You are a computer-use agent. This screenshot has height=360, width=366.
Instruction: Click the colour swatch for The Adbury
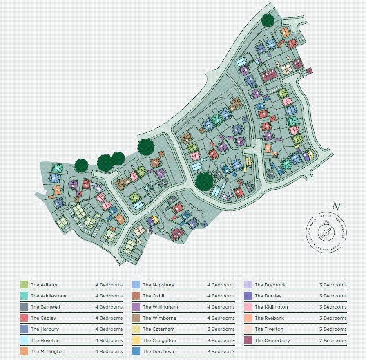click(x=24, y=285)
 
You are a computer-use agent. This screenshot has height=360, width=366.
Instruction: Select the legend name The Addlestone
click(x=48, y=296)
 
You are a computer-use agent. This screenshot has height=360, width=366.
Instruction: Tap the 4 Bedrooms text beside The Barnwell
click(x=109, y=307)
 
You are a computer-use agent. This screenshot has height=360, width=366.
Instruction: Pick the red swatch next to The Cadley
click(x=24, y=318)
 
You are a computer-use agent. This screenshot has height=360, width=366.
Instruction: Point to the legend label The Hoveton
click(x=45, y=340)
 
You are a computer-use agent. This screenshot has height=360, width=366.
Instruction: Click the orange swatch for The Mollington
click(x=24, y=351)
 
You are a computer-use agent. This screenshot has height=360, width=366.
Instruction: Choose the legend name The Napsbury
click(x=158, y=285)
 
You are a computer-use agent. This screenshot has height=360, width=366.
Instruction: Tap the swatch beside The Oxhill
click(x=136, y=296)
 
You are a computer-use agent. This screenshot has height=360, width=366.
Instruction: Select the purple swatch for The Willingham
click(x=136, y=307)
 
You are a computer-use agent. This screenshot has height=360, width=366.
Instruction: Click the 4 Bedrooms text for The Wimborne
click(x=221, y=318)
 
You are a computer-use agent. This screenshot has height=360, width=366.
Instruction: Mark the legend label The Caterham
click(x=158, y=329)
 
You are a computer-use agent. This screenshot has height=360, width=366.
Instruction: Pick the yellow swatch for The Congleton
click(x=136, y=340)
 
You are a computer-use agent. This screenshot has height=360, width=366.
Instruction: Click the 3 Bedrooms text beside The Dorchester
click(x=221, y=351)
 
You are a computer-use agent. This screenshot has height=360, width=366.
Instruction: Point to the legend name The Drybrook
click(x=270, y=285)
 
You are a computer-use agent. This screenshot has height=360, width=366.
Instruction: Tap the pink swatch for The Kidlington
click(x=248, y=307)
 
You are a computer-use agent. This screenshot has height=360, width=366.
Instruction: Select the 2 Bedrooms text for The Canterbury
click(x=333, y=340)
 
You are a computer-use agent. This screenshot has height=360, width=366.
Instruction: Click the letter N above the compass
click(x=336, y=206)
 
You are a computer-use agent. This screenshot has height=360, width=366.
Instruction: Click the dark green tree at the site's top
click(x=267, y=19)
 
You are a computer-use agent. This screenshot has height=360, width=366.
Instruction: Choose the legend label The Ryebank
click(x=269, y=318)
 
